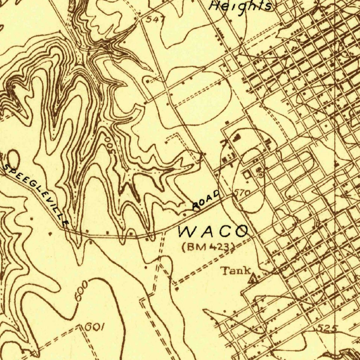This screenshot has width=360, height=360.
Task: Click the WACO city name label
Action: coord(213,231)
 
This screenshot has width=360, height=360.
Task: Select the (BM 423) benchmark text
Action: coord(208,246)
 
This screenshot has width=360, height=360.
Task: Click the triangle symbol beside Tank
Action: coord(253,279)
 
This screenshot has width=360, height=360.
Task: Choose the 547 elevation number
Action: coord(154,20)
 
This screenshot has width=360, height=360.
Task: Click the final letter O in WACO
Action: coord(241,231)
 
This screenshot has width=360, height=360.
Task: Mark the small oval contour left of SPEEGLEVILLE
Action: coord(13,158)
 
